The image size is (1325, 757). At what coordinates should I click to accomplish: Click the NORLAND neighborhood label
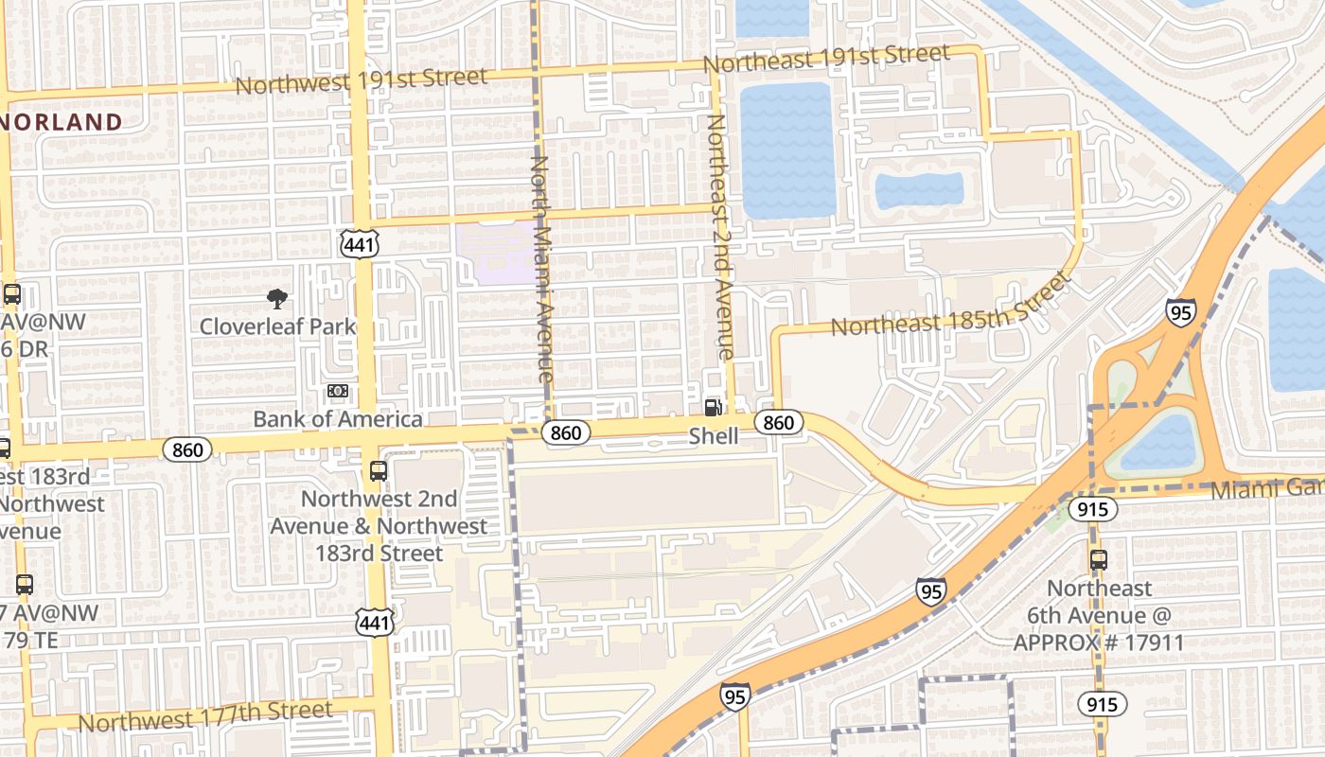(62, 122)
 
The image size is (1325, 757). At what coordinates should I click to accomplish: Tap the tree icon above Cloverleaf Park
(277, 300)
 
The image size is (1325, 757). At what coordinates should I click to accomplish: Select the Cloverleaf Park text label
(277, 326)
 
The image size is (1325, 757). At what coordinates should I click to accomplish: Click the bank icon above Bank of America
(338, 391)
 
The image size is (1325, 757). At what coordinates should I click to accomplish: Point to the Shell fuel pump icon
(713, 407)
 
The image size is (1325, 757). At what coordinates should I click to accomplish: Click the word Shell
(713, 436)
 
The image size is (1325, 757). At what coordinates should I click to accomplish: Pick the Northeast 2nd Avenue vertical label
(720, 237)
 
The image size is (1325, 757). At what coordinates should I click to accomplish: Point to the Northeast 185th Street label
(951, 306)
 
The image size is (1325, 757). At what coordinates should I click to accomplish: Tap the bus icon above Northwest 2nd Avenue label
(379, 470)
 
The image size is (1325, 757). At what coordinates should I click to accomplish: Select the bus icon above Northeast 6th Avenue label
(1099, 559)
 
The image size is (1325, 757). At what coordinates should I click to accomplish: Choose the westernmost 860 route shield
(187, 449)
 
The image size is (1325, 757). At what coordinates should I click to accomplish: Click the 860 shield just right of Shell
(778, 422)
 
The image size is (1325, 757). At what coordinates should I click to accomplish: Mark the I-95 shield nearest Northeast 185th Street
(1180, 312)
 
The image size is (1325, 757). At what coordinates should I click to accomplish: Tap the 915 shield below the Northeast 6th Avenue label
(1102, 703)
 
